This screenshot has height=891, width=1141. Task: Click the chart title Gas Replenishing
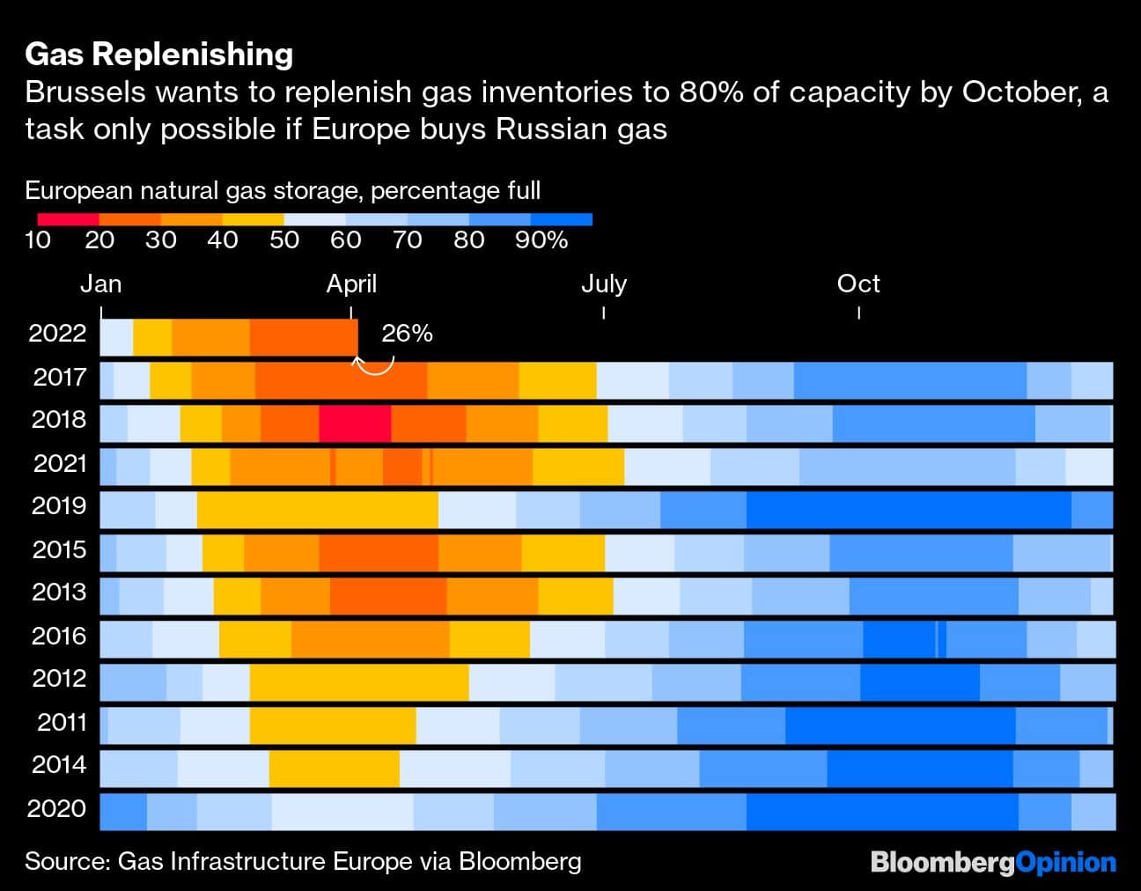159,55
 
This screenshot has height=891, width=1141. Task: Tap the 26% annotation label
407,334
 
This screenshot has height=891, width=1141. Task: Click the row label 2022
57,333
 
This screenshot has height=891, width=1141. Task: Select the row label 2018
59,419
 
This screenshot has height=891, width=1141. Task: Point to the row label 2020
57,808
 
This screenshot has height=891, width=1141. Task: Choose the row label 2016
59,636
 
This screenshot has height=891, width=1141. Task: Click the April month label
351,283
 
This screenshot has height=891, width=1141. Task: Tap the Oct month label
858,283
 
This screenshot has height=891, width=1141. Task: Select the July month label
604,283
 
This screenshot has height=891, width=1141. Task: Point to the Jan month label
101,283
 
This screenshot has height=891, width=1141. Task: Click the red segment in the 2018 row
355,423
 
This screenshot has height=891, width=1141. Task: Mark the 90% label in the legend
541,240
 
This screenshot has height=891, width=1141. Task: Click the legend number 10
38,240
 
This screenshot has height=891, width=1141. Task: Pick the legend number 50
284,240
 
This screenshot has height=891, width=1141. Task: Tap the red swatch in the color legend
69,219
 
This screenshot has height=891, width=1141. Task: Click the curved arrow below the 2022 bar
374,364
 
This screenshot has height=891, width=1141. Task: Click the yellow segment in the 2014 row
334,768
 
